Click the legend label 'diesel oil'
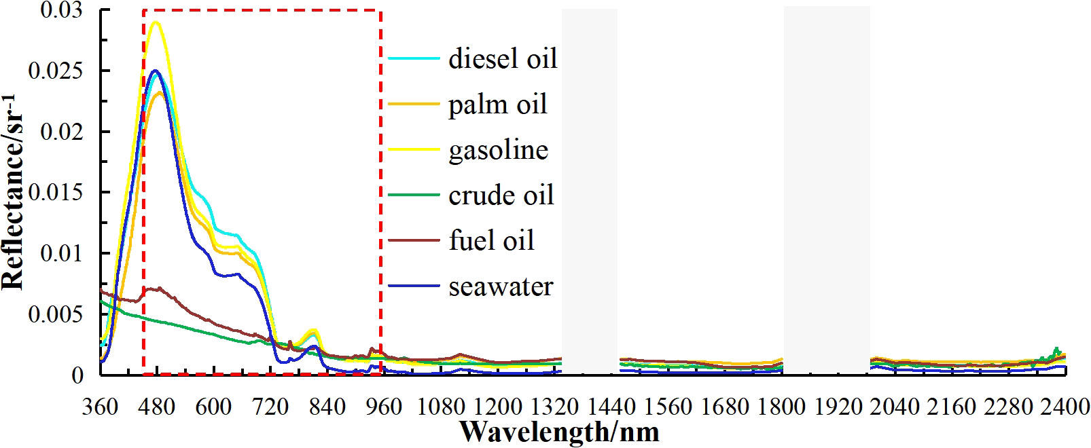click(x=503, y=59)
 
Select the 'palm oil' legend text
click(x=497, y=105)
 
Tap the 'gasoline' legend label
click(x=498, y=150)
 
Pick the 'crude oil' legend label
click(x=501, y=195)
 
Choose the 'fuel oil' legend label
click(x=491, y=241)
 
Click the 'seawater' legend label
click(x=501, y=286)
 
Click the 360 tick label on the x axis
click(x=101, y=407)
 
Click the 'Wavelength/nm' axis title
click(x=558, y=430)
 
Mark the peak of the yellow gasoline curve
click(x=156, y=22)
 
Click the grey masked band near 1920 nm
click(x=827, y=190)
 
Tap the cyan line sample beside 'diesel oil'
click(x=414, y=59)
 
